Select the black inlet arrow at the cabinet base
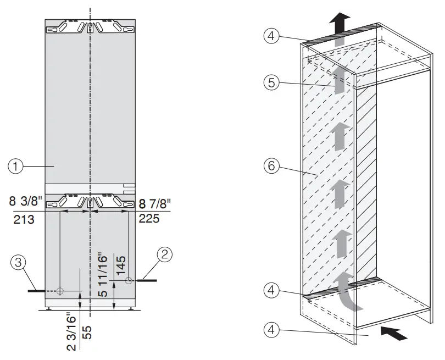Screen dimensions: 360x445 pos(394,333)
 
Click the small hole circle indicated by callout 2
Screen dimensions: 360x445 pos(129,280)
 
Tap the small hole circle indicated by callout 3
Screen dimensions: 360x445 pos(60,291)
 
